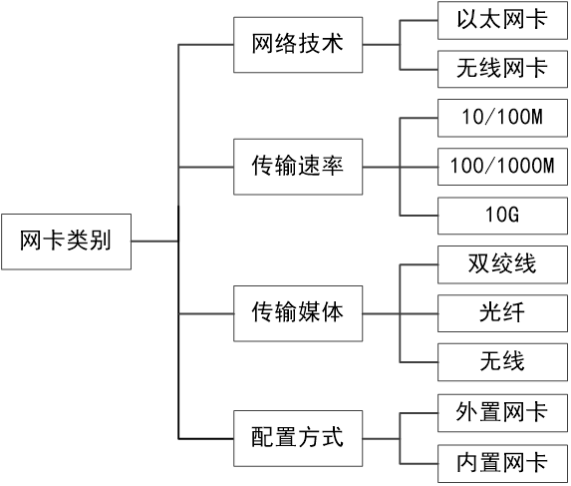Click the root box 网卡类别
point(66,241)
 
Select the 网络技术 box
point(297,45)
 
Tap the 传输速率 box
point(297,167)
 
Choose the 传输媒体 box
point(297,313)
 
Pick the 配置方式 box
point(297,436)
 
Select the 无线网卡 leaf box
point(501,69)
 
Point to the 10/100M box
point(501,118)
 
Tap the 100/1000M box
point(501,167)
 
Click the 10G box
point(501,216)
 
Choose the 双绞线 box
point(501,264)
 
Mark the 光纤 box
point(501,313)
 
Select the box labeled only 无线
point(501,361)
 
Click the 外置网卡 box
point(501,412)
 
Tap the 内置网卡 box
point(501,461)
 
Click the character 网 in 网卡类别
point(31,241)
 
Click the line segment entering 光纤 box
point(419,313)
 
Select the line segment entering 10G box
point(419,216)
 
